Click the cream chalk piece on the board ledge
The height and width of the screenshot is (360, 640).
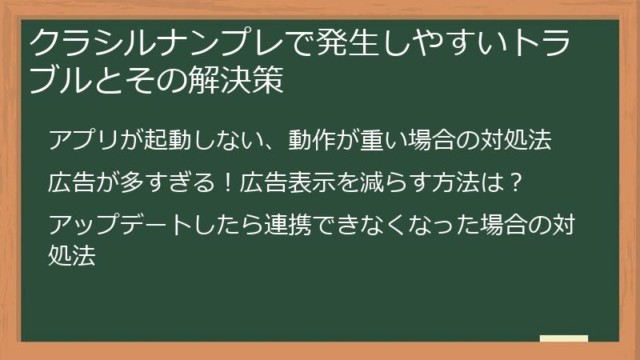coord(564,338)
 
